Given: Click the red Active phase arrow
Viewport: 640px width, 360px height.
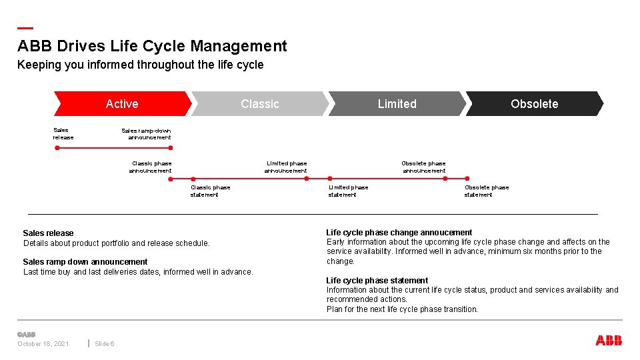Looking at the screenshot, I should pyautogui.click(x=122, y=103).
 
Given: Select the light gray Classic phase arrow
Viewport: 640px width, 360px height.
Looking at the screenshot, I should pyautogui.click(x=260, y=103).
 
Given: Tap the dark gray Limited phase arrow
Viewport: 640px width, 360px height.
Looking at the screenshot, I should pyautogui.click(x=397, y=103).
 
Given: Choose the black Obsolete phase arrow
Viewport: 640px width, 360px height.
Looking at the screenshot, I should pyautogui.click(x=534, y=103).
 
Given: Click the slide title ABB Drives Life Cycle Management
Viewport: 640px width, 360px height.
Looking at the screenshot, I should pyautogui.click(x=152, y=46).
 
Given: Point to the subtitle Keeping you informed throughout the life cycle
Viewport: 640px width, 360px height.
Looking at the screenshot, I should pyautogui.click(x=140, y=65).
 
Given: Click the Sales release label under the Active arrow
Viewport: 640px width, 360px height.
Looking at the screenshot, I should pyautogui.click(x=63, y=134).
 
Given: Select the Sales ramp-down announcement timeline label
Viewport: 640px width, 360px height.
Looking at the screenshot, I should pyautogui.click(x=147, y=134).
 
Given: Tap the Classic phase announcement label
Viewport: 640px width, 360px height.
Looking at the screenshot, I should pyautogui.click(x=151, y=167).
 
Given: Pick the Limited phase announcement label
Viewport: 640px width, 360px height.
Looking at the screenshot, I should pyautogui.click(x=286, y=167).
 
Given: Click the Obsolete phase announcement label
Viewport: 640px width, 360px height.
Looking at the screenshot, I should pyautogui.click(x=424, y=167).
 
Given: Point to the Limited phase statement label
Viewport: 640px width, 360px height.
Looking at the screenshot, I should pyautogui.click(x=347, y=191).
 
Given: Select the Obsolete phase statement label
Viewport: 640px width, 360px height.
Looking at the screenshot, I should pyautogui.click(x=486, y=191).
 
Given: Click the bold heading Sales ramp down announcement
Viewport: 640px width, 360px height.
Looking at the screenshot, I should pyautogui.click(x=85, y=262).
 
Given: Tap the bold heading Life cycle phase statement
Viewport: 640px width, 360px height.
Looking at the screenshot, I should pyautogui.click(x=377, y=281).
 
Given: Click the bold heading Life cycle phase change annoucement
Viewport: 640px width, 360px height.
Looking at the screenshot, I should pyautogui.click(x=399, y=233).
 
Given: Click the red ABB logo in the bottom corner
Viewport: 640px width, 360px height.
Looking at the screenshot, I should pyautogui.click(x=609, y=341).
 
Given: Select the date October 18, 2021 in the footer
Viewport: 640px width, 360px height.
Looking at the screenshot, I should pyautogui.click(x=43, y=344).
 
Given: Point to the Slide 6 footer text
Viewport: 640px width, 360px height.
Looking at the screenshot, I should pyautogui.click(x=105, y=344).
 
